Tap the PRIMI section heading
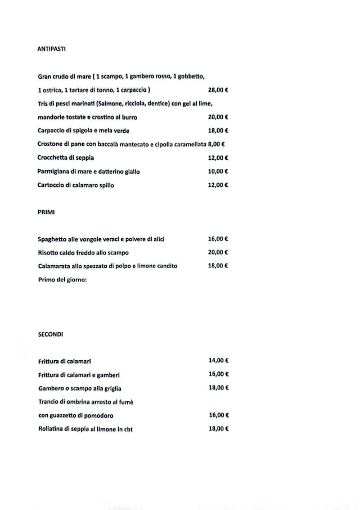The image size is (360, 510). click(46, 212)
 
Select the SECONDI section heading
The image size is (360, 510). click(51, 334)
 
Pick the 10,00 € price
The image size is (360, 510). click(218, 171)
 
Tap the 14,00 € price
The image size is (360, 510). click(218, 360)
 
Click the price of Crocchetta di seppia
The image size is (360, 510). click(218, 158)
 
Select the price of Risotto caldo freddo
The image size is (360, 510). click(218, 252)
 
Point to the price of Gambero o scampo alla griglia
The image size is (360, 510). click(218, 388)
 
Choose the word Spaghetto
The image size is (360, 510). click(54, 239)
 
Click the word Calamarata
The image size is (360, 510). click(56, 266)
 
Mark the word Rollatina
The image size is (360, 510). click(53, 429)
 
